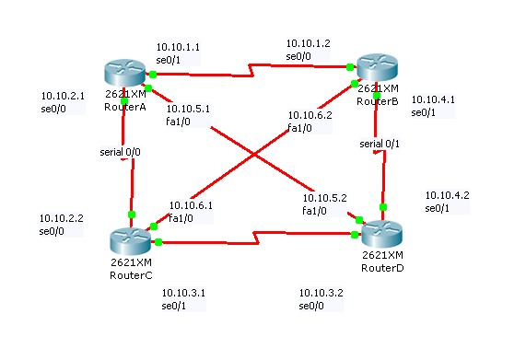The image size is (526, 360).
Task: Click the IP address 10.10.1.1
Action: (x=178, y=46)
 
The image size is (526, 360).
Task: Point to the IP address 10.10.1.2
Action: (x=308, y=43)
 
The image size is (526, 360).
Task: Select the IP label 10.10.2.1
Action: (x=64, y=95)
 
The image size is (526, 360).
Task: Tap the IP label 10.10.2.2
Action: (x=62, y=218)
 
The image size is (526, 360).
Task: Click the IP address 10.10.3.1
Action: (x=183, y=293)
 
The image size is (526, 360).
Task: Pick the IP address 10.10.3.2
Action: (x=321, y=293)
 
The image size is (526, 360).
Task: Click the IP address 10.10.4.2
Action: (x=447, y=195)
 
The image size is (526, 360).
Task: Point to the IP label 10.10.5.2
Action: (x=325, y=198)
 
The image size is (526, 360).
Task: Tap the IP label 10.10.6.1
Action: (x=191, y=206)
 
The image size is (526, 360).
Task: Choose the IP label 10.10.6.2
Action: (x=310, y=115)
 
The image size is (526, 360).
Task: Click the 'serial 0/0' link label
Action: (x=120, y=151)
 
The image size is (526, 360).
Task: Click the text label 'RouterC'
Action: (x=124, y=273)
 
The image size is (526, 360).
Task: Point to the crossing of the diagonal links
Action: (x=255, y=155)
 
